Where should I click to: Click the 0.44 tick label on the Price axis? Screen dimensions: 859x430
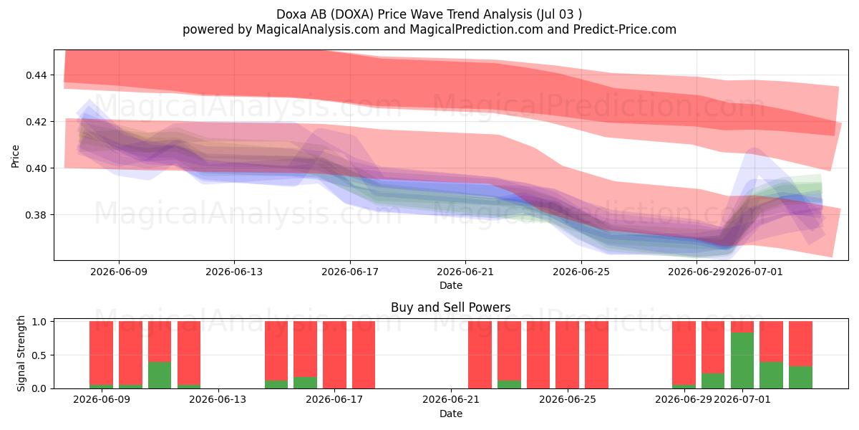tap(37, 75)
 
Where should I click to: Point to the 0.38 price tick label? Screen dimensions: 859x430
tap(37, 215)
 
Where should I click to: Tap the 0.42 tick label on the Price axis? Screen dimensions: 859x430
tap(37, 122)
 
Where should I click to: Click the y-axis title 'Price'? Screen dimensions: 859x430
tap(15, 156)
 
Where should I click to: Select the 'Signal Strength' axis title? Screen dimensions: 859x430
tap(21, 353)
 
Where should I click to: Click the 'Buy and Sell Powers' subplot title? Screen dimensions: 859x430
tap(450, 307)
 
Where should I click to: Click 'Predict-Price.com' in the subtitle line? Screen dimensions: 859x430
tap(625, 29)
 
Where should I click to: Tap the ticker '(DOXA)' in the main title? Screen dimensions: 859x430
tap(352, 14)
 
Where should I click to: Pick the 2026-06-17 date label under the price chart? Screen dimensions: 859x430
tap(350, 272)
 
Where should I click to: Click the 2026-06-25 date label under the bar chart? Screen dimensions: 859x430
tap(568, 400)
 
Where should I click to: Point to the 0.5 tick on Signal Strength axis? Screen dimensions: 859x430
tap(40, 355)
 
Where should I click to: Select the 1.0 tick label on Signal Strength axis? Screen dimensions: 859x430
tap(40, 322)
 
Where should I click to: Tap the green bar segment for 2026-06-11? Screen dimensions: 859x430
tap(160, 375)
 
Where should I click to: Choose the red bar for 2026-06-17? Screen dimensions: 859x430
tap(334, 355)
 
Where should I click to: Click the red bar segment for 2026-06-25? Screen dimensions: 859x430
tap(596, 355)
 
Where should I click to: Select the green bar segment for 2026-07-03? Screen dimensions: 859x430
tap(800, 378)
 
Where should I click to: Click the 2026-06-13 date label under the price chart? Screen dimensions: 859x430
tap(234, 272)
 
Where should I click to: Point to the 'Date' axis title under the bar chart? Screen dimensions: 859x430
tap(450, 414)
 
